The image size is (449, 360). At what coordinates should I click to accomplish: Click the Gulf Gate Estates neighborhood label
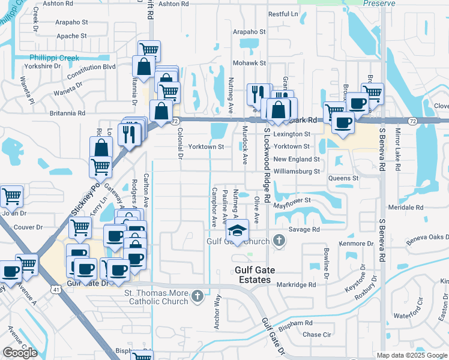261,275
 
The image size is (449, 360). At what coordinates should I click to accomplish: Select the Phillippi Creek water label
55,58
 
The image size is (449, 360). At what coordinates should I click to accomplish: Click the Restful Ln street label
283,14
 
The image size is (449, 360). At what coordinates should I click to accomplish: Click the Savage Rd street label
304,229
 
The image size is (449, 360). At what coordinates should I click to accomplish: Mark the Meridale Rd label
406,208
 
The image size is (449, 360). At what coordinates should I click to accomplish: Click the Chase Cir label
317,334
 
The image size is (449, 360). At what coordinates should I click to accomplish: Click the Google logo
20,353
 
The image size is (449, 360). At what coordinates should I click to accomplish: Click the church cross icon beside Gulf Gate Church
279,241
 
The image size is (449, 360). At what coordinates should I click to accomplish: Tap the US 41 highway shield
56,289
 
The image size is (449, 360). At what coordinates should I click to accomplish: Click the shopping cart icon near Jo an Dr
11,196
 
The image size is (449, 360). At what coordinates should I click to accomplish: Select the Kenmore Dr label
356,244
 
